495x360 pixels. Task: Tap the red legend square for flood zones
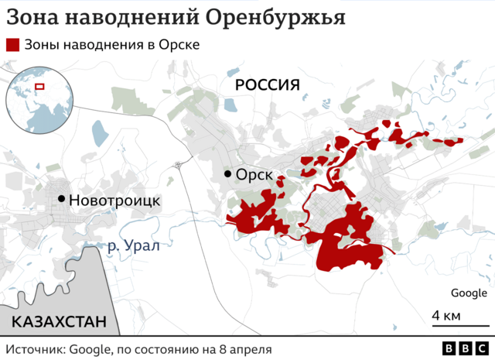click(x=12, y=45)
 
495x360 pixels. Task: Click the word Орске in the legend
click(x=179, y=45)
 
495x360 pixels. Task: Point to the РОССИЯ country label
click(x=267, y=84)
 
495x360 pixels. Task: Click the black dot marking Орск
click(x=227, y=174)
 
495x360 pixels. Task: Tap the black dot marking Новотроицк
click(x=60, y=199)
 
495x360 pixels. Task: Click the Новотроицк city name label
click(x=114, y=200)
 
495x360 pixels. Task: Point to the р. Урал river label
click(x=132, y=246)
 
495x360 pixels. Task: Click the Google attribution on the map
click(x=469, y=293)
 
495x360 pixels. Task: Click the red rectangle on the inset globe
click(x=39, y=86)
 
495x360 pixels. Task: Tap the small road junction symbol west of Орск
click(x=179, y=163)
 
